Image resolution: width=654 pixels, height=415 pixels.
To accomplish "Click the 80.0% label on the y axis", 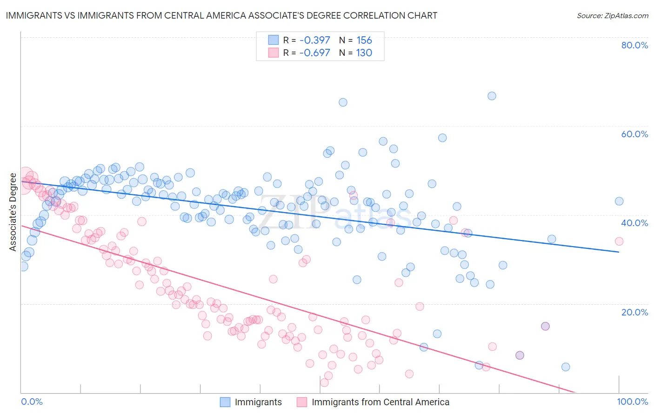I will (x=634, y=45).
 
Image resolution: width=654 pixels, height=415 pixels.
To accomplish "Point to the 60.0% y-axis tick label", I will (x=634, y=134).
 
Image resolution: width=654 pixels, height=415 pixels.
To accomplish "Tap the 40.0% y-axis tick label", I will (x=634, y=223).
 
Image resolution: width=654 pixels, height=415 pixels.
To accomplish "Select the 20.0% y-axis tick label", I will (x=634, y=312).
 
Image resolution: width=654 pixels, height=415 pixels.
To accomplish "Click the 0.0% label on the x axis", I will (x=32, y=402).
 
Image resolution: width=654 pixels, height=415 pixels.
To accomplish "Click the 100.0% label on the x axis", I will (x=632, y=402).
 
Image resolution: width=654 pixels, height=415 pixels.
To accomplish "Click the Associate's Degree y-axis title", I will (x=13, y=212).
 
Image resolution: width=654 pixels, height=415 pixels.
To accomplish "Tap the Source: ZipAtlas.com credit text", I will (x=612, y=16).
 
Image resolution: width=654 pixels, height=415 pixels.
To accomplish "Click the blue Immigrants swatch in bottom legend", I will (x=225, y=402).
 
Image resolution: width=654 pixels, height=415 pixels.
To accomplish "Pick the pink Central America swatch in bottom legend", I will (x=302, y=402).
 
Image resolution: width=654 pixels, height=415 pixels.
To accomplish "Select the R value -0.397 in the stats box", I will (x=314, y=40).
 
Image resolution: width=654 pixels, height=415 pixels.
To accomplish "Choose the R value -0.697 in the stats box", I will (x=314, y=53).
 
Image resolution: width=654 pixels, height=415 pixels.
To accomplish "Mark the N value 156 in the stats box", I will (x=364, y=40).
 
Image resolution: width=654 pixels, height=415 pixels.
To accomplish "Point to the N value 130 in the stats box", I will (x=364, y=53).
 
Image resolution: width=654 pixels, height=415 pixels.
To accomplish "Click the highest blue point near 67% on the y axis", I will (x=492, y=96).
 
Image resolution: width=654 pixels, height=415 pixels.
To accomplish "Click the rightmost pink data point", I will (x=619, y=241).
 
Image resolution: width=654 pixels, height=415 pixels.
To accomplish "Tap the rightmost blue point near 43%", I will (x=619, y=201).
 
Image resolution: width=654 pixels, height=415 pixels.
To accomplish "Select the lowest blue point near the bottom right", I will (x=566, y=367).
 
